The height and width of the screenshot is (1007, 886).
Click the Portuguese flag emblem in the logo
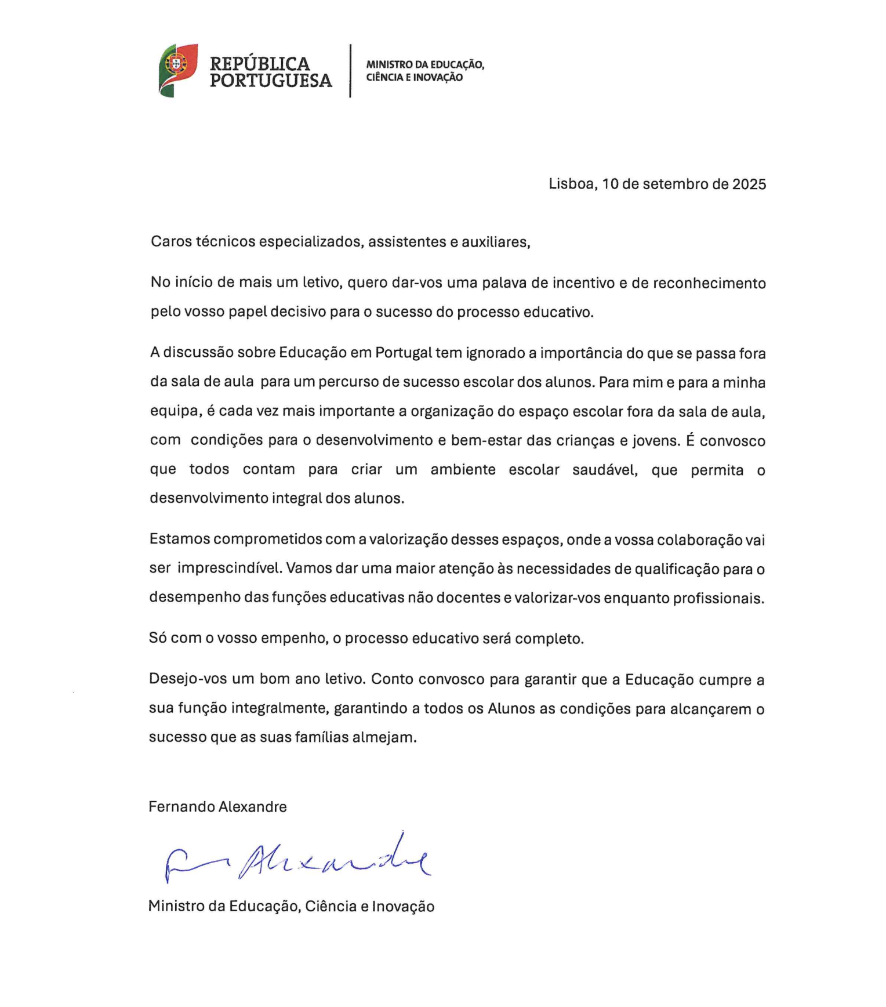177,70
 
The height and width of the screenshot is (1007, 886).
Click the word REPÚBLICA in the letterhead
260,63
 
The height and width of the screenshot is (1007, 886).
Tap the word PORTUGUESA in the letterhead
271,80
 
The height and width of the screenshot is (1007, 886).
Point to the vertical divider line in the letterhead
350,71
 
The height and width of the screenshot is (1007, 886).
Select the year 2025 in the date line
749,184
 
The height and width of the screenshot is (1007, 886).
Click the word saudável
605,470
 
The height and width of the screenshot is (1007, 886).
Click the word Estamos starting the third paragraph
179,539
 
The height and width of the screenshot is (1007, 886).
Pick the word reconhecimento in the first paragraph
709,283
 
